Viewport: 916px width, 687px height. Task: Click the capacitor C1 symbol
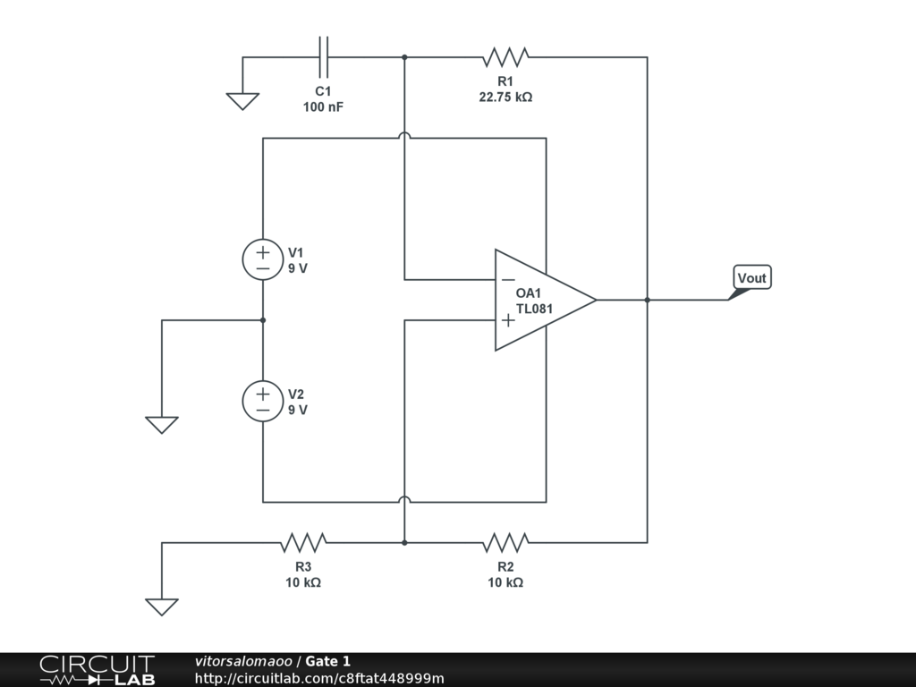point(323,57)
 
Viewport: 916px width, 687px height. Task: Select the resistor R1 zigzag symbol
point(505,57)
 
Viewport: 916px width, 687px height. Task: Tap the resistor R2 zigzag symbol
point(505,542)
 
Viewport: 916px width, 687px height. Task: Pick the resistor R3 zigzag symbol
point(303,542)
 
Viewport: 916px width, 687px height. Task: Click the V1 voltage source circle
point(263,260)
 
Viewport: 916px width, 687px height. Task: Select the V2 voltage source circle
point(263,401)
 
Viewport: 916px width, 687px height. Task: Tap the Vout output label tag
point(751,278)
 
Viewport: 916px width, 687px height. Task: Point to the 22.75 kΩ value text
point(505,97)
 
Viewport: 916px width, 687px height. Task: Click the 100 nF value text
point(323,106)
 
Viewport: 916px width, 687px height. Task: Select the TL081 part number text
point(535,309)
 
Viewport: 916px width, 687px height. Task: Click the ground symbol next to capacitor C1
point(242,101)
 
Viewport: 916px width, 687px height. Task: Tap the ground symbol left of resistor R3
point(162,606)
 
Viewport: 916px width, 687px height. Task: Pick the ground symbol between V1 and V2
point(162,424)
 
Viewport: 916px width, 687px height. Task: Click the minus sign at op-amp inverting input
point(507,279)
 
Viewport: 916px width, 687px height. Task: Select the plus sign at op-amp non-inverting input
point(507,319)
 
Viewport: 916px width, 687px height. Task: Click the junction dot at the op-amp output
point(647,300)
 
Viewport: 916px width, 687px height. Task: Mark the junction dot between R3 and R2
point(404,542)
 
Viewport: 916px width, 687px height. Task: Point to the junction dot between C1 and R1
point(404,57)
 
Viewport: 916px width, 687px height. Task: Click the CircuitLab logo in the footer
point(97,670)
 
